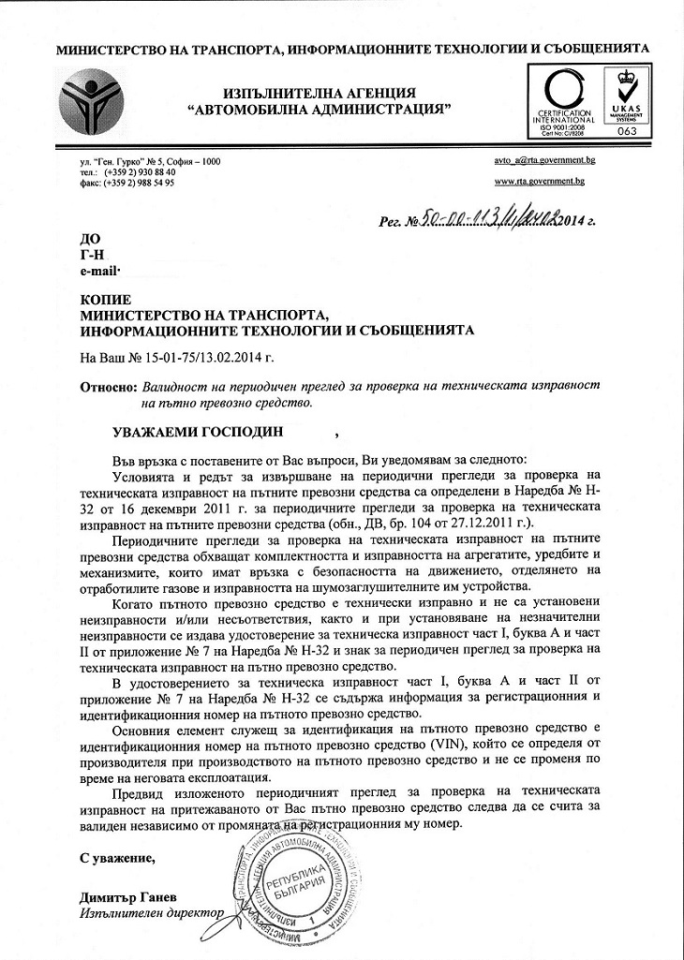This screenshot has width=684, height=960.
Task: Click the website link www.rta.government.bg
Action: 539,181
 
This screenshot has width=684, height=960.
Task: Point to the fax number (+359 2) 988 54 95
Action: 140,183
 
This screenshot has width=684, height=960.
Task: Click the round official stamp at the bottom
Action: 295,885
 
